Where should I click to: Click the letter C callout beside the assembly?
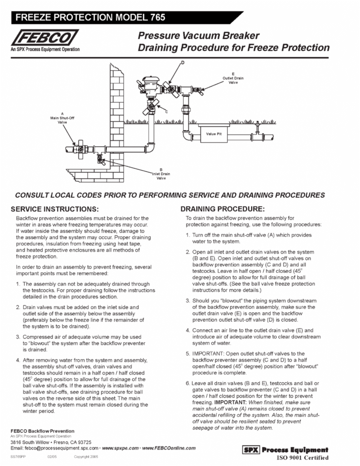166,112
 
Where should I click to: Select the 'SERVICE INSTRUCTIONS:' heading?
58,209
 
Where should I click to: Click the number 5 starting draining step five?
187,353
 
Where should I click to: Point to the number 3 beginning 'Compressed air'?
18,337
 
